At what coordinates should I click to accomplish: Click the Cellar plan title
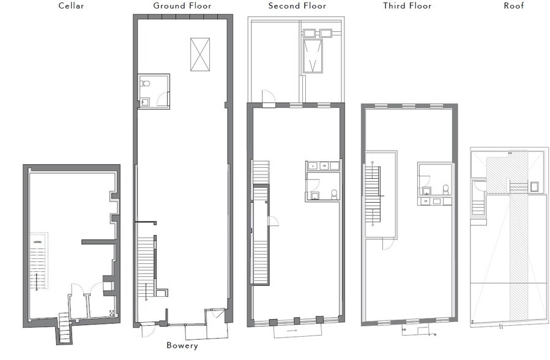click(71, 6)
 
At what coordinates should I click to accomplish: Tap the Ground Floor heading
click(182, 6)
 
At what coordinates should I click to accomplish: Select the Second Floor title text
click(297, 6)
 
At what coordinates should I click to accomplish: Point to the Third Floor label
click(407, 6)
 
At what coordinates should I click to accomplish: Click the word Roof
click(514, 6)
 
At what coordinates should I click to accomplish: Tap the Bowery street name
click(182, 346)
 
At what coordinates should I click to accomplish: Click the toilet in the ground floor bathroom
click(144, 84)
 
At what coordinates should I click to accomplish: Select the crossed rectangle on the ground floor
click(199, 54)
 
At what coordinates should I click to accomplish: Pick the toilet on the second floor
click(333, 195)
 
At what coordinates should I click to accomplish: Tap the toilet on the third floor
click(445, 189)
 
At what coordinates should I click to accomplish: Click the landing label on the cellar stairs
click(36, 243)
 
